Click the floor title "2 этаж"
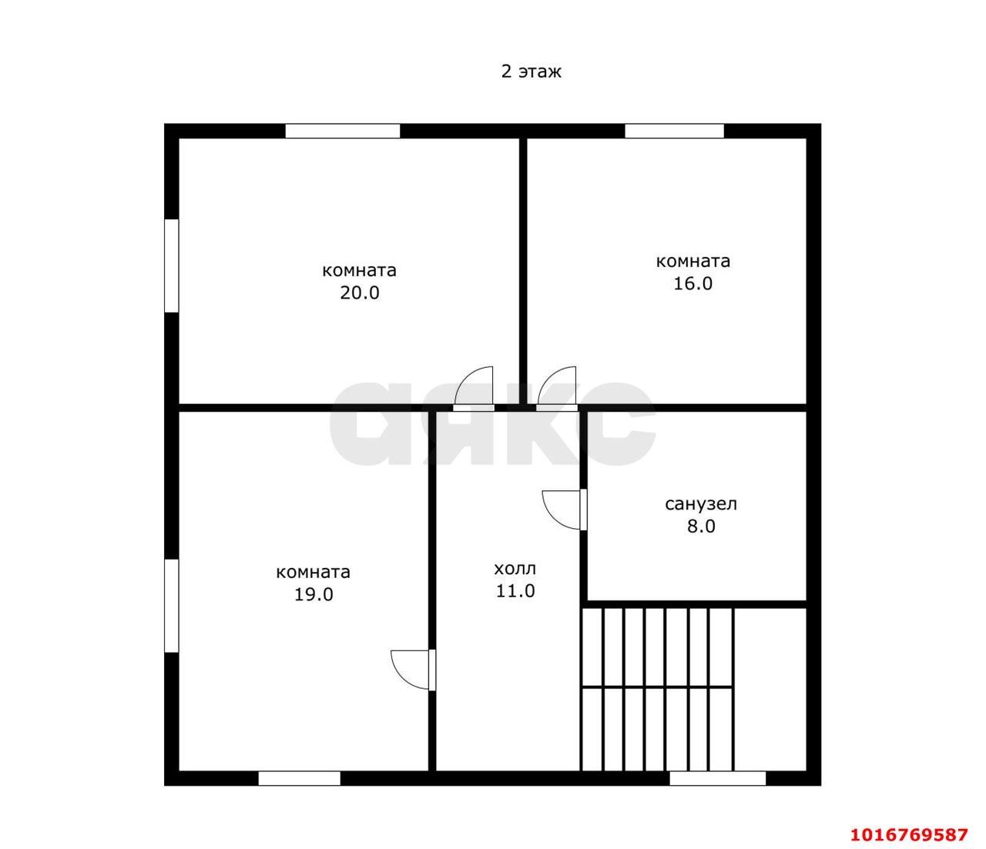pyautogui.click(x=531, y=72)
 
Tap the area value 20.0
pyautogui.click(x=360, y=292)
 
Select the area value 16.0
pyautogui.click(x=693, y=283)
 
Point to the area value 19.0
pyautogui.click(x=314, y=594)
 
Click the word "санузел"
pyautogui.click(x=701, y=504)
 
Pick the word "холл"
pyautogui.click(x=515, y=569)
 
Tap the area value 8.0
pyautogui.click(x=701, y=526)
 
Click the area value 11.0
pyautogui.click(x=515, y=591)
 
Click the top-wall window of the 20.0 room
pyautogui.click(x=343, y=131)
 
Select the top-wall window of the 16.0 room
pyautogui.click(x=674, y=131)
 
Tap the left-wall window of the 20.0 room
pyautogui.click(x=171, y=266)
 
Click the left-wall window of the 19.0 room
pyautogui.click(x=171, y=606)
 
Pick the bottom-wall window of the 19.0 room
pyautogui.click(x=299, y=778)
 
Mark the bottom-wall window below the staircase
pyautogui.click(x=717, y=778)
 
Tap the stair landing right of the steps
pyautogui.click(x=770, y=690)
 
